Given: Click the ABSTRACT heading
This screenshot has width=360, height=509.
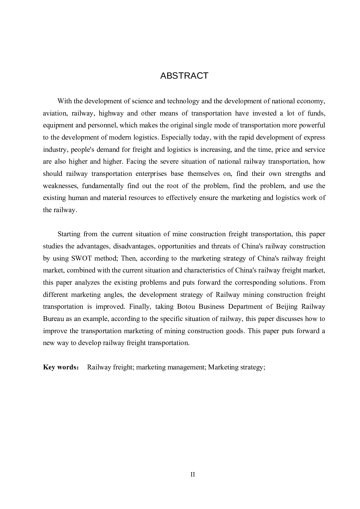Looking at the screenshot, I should [x=184, y=76].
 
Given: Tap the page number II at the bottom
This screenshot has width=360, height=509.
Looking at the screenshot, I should [x=192, y=474].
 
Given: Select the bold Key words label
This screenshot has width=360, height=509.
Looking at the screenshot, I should [x=60, y=367].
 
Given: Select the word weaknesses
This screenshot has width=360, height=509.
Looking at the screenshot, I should [x=61, y=186].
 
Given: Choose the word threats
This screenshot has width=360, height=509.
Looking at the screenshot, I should [x=221, y=246].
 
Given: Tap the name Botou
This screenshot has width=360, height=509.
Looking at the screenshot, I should [x=186, y=307].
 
